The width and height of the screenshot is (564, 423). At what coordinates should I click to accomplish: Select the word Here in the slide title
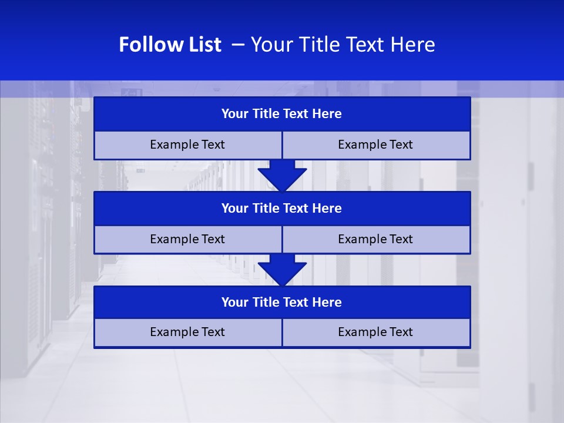(414, 45)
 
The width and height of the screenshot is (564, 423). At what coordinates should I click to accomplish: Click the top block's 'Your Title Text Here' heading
(281, 114)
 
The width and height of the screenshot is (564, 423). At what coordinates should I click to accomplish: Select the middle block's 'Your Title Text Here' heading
(281, 208)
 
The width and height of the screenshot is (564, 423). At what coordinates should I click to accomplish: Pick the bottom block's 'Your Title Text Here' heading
(281, 302)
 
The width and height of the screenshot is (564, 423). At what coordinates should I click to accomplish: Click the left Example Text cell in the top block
(187, 145)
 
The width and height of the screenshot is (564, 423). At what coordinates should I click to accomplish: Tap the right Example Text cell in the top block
(375, 145)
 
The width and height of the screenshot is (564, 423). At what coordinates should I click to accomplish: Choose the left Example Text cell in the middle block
(187, 239)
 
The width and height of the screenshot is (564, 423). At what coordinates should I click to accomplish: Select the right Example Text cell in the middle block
(375, 239)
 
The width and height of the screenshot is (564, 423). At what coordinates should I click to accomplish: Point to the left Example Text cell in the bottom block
(187, 332)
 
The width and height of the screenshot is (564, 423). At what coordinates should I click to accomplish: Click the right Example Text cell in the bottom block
(375, 332)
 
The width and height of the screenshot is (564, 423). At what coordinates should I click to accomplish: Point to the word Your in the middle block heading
(234, 208)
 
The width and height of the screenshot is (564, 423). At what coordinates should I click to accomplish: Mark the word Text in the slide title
(367, 45)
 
